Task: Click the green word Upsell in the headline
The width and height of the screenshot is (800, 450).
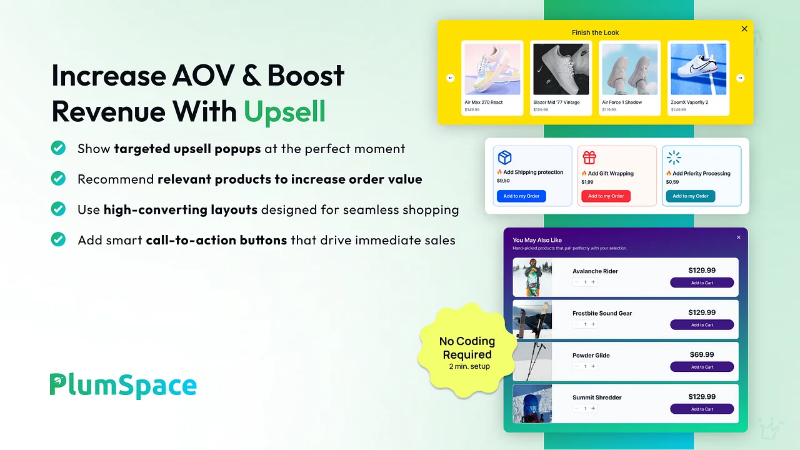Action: click(284, 112)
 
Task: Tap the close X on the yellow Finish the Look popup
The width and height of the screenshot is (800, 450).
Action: click(744, 29)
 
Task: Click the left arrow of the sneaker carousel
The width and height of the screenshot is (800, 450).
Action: click(451, 78)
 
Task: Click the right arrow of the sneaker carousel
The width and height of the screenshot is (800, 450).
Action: click(741, 78)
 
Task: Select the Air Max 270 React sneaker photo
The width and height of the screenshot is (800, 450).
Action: click(492, 69)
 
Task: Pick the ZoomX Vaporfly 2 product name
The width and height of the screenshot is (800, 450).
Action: click(689, 102)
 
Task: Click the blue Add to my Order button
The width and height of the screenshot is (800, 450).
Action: click(521, 196)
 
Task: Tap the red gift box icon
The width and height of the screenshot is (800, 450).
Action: click(589, 157)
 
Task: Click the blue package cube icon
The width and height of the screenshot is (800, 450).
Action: click(504, 157)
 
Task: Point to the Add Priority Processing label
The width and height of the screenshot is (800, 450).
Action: click(701, 174)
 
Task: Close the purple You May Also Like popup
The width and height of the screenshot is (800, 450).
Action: click(739, 237)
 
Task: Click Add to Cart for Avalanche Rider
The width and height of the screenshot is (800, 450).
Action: click(702, 282)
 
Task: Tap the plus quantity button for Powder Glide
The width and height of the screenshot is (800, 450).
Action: click(593, 366)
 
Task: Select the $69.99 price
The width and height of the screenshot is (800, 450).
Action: click(702, 354)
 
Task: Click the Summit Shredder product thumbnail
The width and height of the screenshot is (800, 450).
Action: click(532, 404)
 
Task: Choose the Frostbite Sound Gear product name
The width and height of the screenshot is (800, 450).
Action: click(602, 313)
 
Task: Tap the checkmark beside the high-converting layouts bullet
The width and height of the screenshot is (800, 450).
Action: click(58, 209)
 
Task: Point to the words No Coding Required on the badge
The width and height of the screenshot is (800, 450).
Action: click(467, 348)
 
